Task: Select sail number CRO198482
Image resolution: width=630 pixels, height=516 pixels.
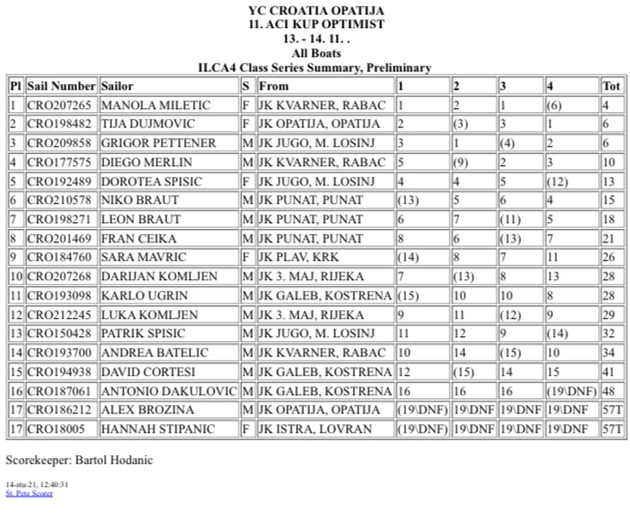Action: pos(60,124)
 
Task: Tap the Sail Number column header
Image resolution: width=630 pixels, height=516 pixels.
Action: pos(62,86)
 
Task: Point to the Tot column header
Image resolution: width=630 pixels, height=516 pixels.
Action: pos(612,86)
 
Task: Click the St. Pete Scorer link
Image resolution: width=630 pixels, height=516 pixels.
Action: pos(29,494)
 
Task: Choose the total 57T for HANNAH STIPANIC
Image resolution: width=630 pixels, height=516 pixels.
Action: pos(612,428)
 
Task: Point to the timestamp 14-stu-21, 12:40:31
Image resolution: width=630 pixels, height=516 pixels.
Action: pos(38,484)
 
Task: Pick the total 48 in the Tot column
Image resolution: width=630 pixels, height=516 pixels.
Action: pos(610,390)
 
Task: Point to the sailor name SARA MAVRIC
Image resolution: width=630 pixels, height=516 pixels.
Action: pos(137,257)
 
